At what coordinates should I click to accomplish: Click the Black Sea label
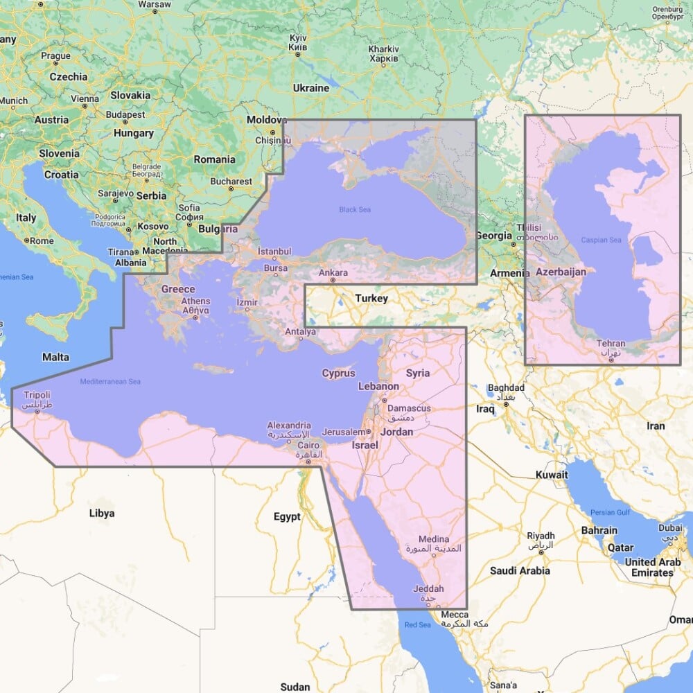(x=354, y=209)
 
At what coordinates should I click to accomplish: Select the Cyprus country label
(x=338, y=374)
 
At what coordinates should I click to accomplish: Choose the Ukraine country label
(x=310, y=88)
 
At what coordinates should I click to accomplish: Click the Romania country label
(x=214, y=159)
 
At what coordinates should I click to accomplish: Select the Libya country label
(x=102, y=514)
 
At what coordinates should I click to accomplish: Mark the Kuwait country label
(x=552, y=475)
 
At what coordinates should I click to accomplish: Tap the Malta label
(x=55, y=358)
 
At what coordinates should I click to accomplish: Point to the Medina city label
(x=434, y=539)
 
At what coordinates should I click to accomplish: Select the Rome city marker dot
(x=27, y=240)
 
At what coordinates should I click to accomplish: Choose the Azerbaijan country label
(x=561, y=272)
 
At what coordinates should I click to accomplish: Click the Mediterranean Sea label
(x=110, y=382)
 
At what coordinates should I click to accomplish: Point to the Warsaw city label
(x=155, y=3)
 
